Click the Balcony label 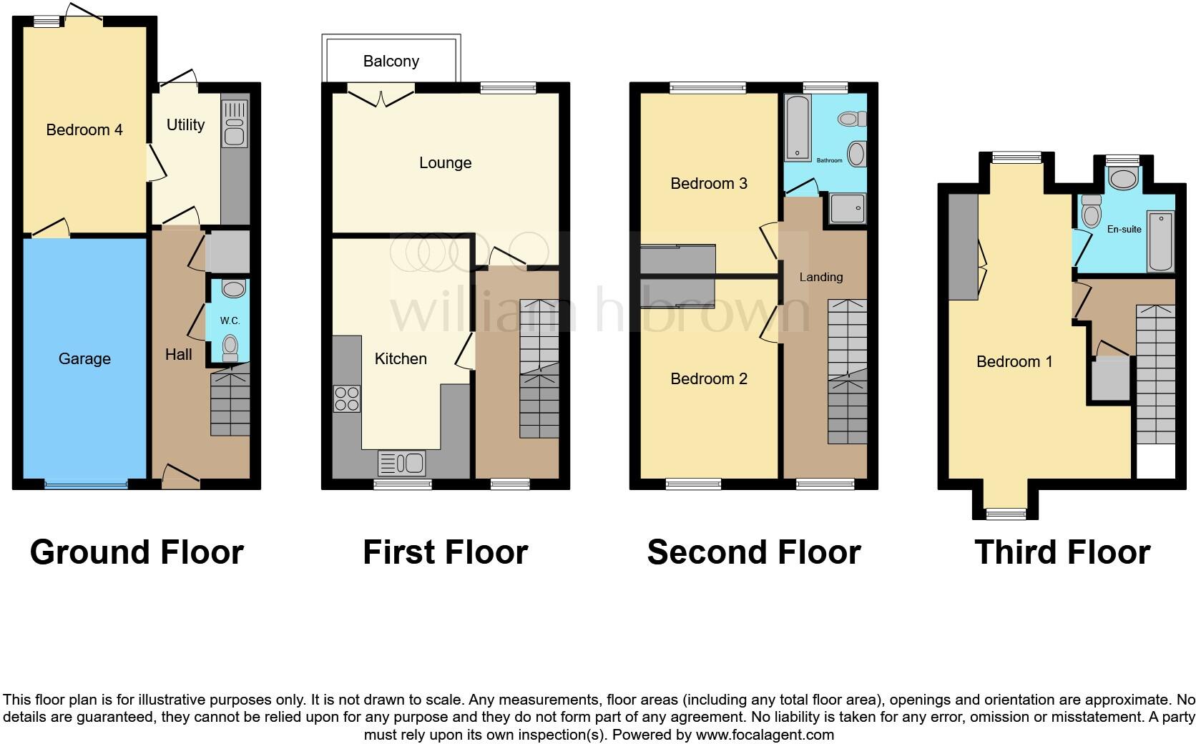[391, 62]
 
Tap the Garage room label [84, 359]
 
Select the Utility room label [185, 125]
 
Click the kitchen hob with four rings [347, 398]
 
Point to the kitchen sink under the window [402, 463]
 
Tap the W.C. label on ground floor [230, 321]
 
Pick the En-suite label [1124, 230]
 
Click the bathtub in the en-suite [1160, 241]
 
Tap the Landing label [820, 278]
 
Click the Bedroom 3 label [708, 184]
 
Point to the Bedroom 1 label [1014, 362]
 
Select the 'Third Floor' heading [1062, 553]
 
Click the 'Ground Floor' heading [137, 553]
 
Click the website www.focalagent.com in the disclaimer [764, 735]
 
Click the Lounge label [445, 163]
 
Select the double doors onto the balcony [381, 94]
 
